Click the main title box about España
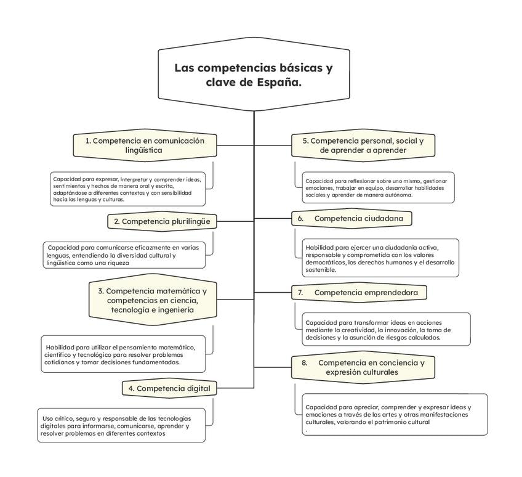(x=253, y=75)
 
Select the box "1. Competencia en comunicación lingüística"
(x=144, y=145)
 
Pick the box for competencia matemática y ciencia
(x=152, y=300)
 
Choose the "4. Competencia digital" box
(x=169, y=388)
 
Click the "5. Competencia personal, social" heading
(x=363, y=145)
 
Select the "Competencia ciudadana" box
(x=351, y=218)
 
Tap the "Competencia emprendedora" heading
(x=359, y=292)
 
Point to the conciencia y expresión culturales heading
(x=363, y=367)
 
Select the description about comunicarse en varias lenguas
(x=122, y=255)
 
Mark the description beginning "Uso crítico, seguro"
(x=121, y=425)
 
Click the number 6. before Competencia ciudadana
(x=301, y=218)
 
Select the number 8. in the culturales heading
(x=304, y=363)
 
